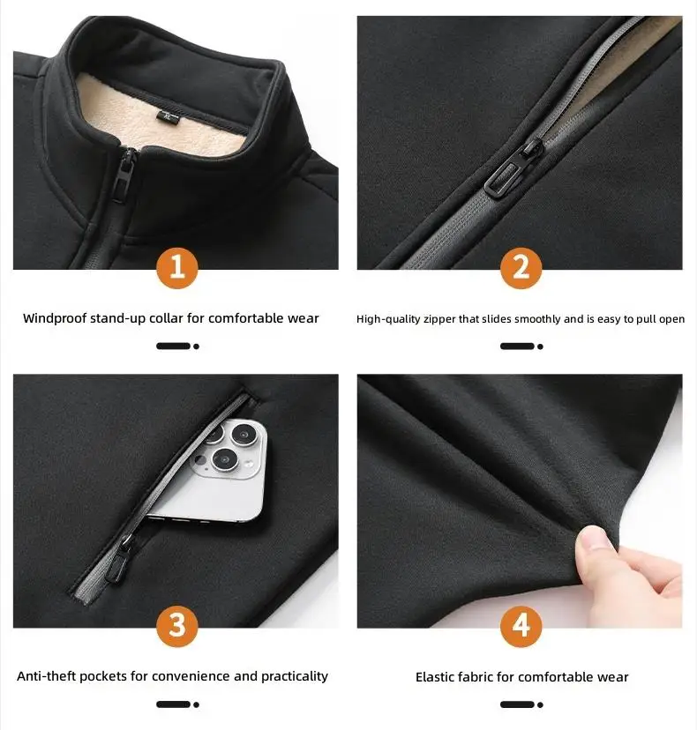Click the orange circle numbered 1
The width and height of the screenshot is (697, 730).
point(177,268)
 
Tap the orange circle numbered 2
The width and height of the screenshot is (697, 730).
point(521,268)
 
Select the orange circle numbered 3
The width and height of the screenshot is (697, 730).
point(177,626)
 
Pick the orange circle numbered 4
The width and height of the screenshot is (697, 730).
point(521,626)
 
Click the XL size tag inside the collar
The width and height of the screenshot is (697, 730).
point(169,117)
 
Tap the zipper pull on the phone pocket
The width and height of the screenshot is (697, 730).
point(120,558)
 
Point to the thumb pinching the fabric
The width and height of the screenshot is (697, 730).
point(597,543)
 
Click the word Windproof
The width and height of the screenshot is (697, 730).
point(55,318)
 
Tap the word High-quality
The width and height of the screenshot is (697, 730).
point(388,319)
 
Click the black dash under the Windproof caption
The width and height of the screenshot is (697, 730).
point(173,346)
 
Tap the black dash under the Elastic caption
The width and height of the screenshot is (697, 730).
point(517,704)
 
